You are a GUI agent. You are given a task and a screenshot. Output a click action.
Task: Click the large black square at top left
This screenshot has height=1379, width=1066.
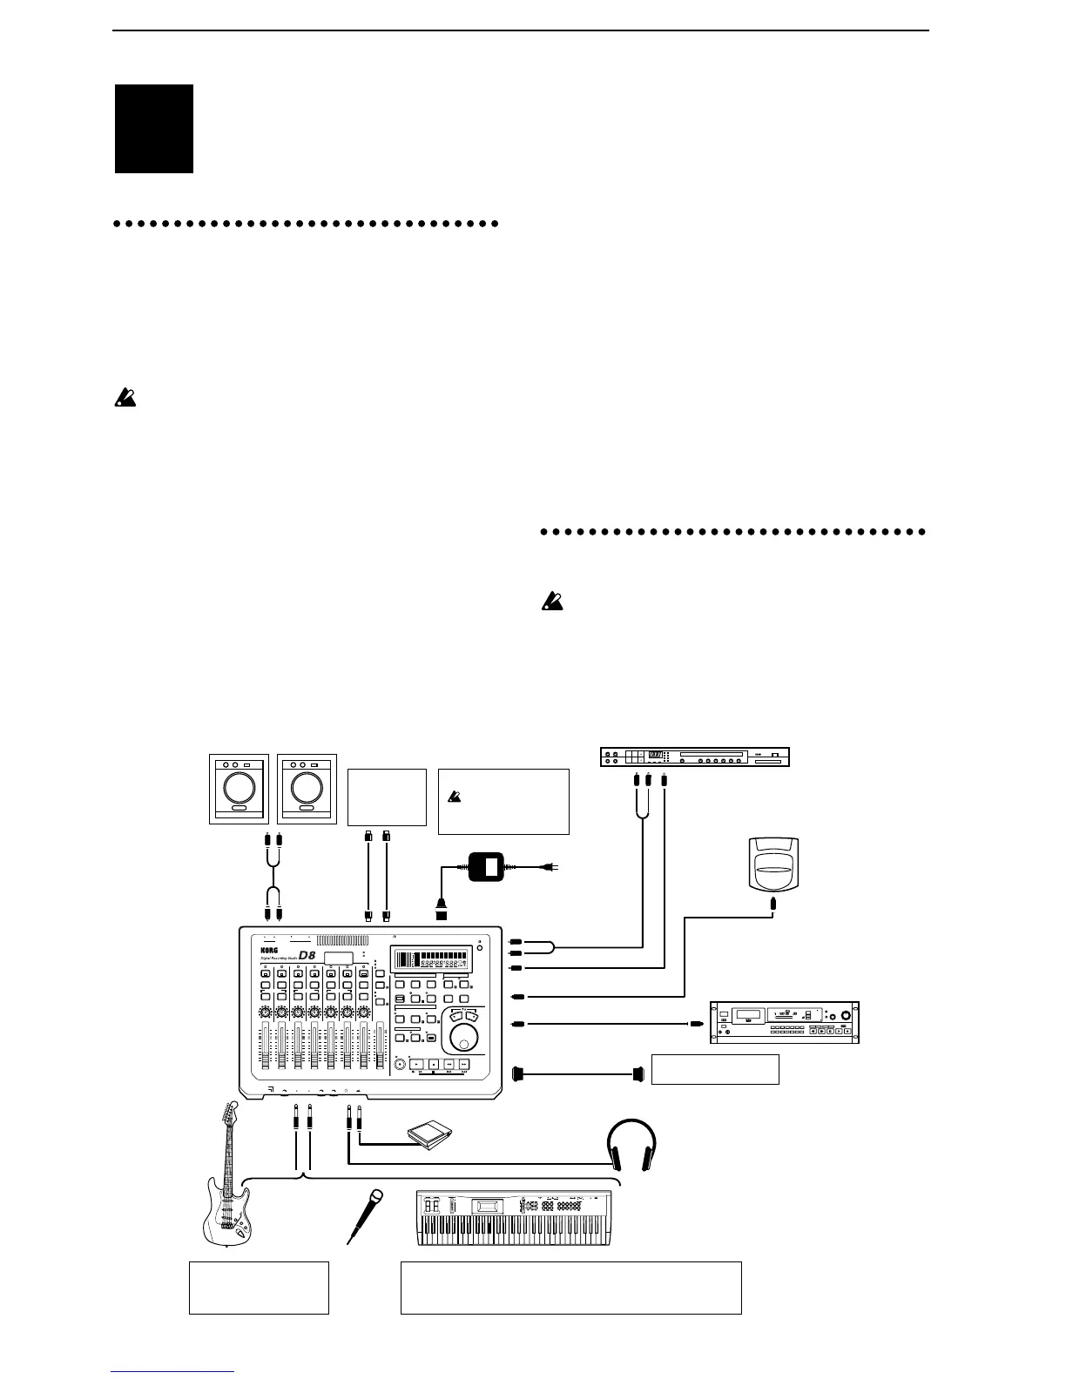coord(154,129)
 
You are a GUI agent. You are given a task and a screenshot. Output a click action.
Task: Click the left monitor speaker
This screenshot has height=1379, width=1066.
coord(236,790)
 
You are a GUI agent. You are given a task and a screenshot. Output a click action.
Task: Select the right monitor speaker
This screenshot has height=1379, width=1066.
coord(306,790)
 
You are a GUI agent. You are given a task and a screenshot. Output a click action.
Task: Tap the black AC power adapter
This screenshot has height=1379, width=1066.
coord(489,867)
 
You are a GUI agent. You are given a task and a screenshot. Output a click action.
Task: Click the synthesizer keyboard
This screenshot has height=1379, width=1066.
coord(517,1216)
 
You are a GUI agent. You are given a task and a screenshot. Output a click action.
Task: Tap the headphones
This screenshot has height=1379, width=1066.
coord(631,1144)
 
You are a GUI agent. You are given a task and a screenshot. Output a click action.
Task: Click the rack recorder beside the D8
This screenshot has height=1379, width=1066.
coord(784,1021)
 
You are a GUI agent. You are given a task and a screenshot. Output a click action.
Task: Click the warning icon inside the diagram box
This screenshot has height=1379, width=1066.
coord(454,795)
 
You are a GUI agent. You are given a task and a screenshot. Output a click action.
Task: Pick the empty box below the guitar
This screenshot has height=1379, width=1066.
coord(259,1287)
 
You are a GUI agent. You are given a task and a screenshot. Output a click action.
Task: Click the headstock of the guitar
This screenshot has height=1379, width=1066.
coord(232,1113)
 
